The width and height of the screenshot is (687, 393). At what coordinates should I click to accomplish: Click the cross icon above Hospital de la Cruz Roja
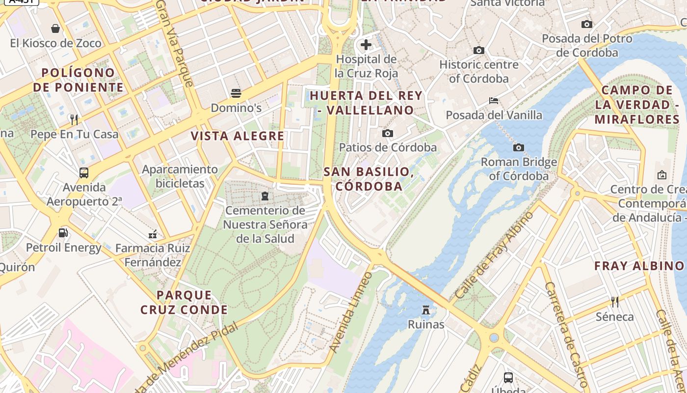click(x=366, y=45)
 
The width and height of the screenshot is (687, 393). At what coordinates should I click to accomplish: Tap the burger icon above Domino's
click(x=236, y=93)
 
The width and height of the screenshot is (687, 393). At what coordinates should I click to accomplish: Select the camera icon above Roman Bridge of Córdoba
click(x=519, y=147)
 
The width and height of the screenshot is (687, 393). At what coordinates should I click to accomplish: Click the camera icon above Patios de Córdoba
click(x=388, y=133)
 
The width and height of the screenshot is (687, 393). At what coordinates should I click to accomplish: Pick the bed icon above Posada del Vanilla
click(x=494, y=101)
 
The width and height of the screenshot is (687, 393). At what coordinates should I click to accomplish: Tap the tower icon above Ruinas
click(x=426, y=310)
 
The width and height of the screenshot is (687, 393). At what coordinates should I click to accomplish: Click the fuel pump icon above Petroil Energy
click(x=63, y=233)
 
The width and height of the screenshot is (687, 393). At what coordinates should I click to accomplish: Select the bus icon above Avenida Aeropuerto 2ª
click(x=84, y=173)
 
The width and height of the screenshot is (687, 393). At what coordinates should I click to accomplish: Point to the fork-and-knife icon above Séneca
click(x=614, y=302)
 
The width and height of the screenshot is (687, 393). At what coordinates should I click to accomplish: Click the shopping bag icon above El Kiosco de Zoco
click(x=55, y=28)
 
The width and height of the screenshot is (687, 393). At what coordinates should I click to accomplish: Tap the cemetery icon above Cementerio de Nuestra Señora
click(x=265, y=196)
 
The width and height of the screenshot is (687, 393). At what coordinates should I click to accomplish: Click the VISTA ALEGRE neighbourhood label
click(x=238, y=136)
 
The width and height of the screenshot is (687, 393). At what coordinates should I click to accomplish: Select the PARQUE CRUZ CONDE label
click(x=184, y=303)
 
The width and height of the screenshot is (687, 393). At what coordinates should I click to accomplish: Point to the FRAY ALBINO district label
click(x=639, y=266)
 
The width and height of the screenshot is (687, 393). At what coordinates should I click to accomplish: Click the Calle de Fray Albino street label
click(x=495, y=255)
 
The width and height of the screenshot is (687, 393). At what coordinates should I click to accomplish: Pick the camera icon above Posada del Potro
click(x=586, y=24)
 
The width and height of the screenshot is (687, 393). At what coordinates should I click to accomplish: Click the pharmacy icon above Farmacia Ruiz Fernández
click(x=153, y=234)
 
